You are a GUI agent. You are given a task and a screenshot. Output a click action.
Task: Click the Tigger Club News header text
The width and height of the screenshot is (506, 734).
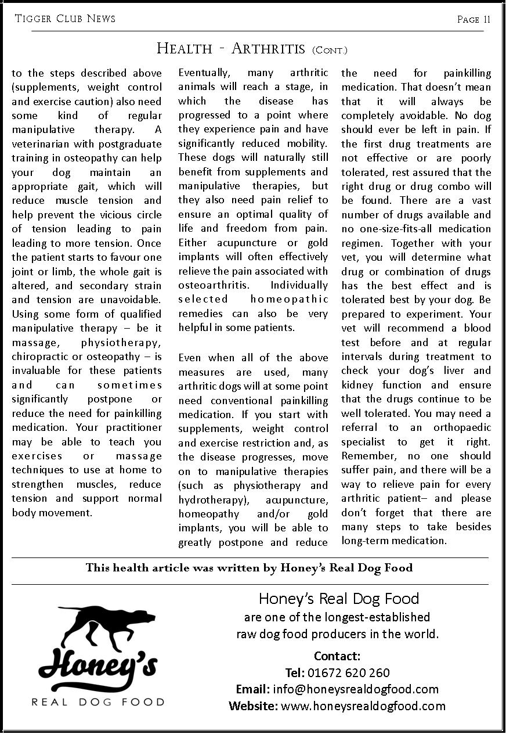65,19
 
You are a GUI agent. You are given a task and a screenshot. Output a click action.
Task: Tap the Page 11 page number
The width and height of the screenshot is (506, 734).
474,20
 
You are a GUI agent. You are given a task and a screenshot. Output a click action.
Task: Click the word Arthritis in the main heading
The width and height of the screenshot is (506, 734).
268,49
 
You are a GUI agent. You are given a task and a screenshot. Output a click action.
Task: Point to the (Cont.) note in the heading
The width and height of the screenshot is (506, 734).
330,51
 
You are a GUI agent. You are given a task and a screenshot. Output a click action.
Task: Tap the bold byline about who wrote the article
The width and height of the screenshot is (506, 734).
249,568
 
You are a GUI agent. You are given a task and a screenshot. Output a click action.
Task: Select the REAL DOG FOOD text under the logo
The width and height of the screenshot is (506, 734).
97,702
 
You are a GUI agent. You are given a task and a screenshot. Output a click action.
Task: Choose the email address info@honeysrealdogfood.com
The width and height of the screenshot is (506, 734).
356,689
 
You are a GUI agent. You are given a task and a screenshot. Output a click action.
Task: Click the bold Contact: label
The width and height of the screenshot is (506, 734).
337,656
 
